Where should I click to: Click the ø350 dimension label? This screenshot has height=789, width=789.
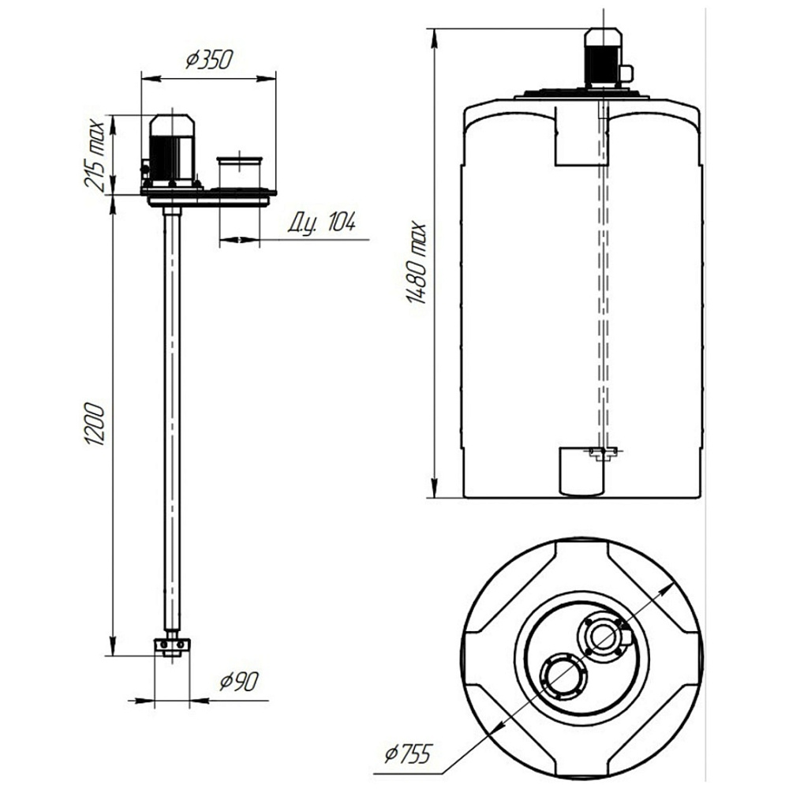pyautogui.click(x=209, y=60)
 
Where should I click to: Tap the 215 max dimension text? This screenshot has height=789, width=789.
pyautogui.click(x=95, y=154)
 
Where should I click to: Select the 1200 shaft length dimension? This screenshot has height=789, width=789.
pyautogui.click(x=95, y=423)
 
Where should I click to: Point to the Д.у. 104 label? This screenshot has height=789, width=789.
pyautogui.click(x=322, y=222)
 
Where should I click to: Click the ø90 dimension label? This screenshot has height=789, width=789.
pyautogui.click(x=239, y=682)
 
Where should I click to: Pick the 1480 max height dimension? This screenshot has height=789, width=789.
pyautogui.click(x=416, y=263)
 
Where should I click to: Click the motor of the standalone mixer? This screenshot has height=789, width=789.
pyautogui.click(x=171, y=151)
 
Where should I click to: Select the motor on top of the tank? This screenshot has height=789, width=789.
pyautogui.click(x=603, y=58)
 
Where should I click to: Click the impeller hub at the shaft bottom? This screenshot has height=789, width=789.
pyautogui.click(x=172, y=647)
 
